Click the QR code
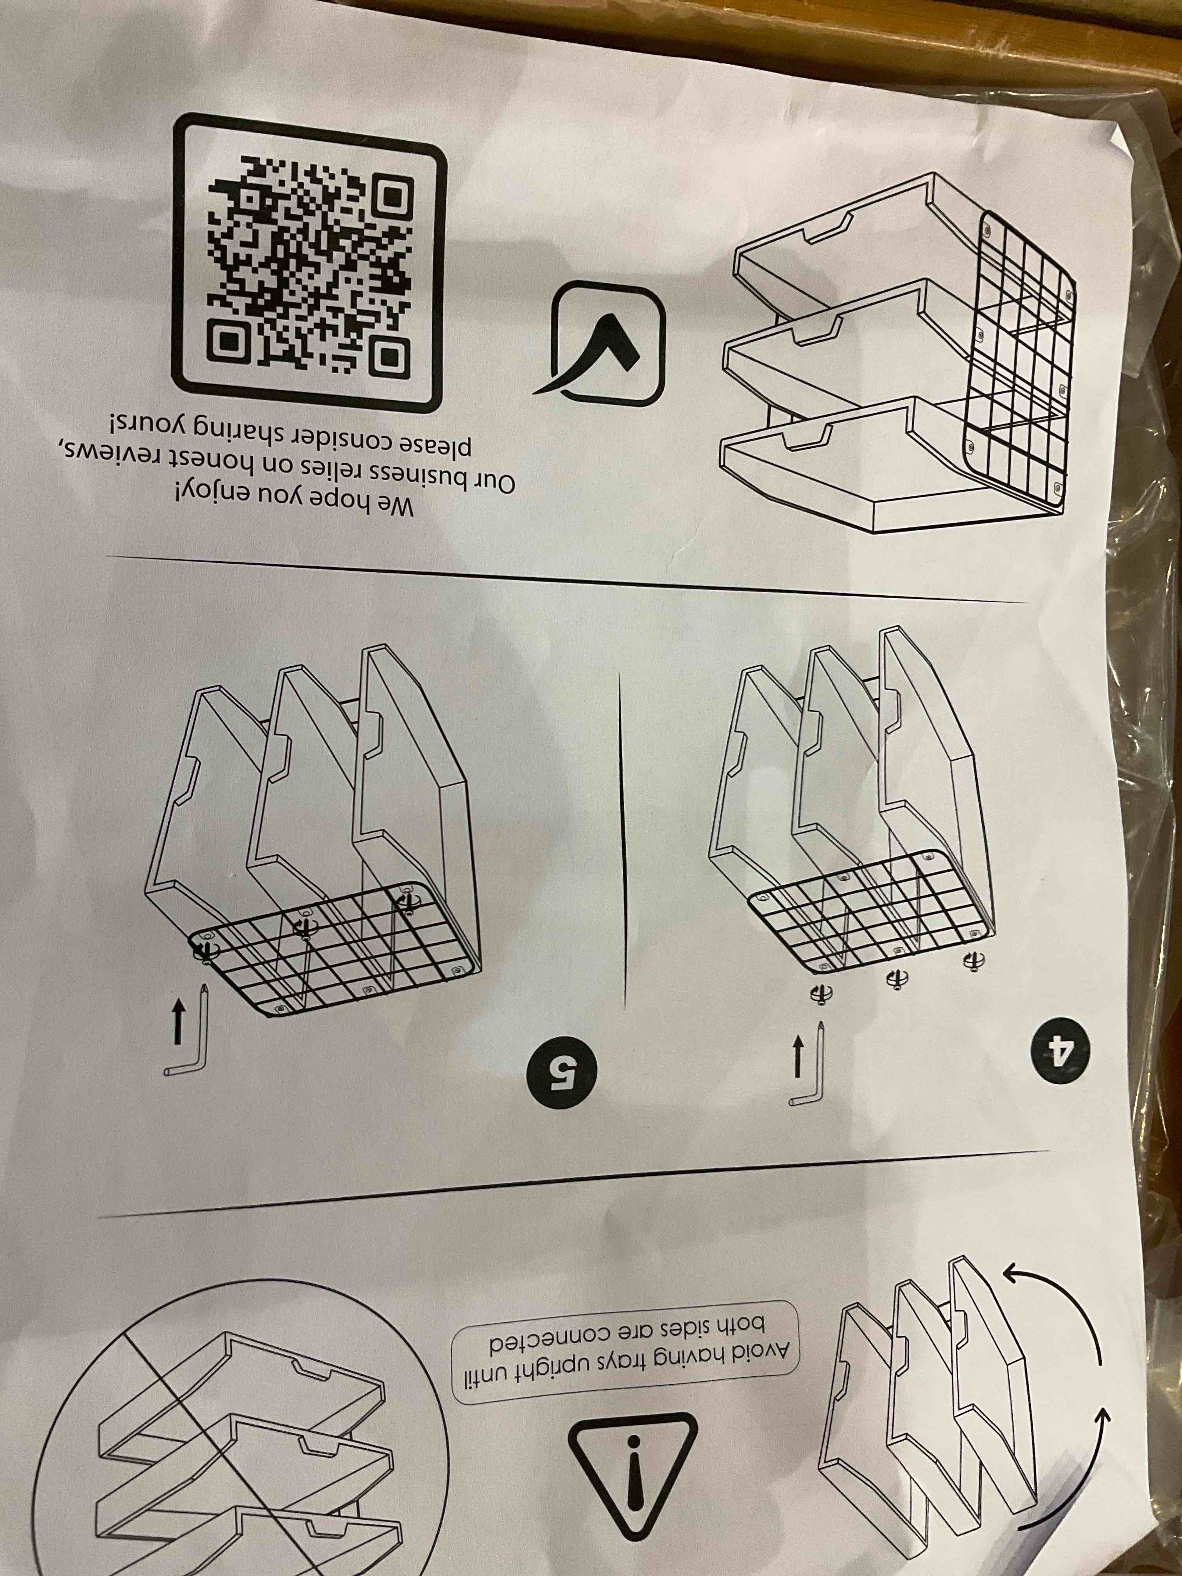point(308,263)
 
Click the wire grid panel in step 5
point(331,946)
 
